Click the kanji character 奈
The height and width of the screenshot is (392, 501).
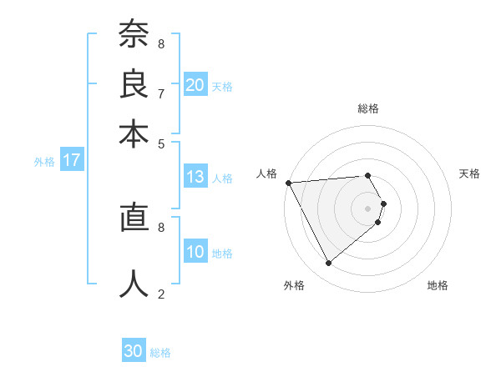[x=134, y=36]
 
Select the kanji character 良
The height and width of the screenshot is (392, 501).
[x=134, y=85]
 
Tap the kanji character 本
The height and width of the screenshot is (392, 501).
[x=134, y=133]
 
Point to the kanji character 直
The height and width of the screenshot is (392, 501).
[x=134, y=219]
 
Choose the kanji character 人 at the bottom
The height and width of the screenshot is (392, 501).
[x=134, y=284]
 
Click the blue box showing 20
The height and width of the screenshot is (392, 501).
[x=195, y=85]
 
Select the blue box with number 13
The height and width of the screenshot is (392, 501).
[x=195, y=177]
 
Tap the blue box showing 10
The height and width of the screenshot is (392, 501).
[x=195, y=252]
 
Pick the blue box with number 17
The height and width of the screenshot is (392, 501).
[x=72, y=161]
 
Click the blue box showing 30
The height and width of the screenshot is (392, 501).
[x=134, y=351]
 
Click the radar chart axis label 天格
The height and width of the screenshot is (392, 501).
[x=469, y=173]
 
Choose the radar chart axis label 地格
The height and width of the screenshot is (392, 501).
[x=438, y=285]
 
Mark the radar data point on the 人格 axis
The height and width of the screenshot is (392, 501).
[x=288, y=183]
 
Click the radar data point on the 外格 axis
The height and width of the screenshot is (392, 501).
[x=328, y=263]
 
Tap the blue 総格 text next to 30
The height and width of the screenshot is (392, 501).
[x=160, y=353]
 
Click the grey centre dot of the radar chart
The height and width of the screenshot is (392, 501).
[x=367, y=207]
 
